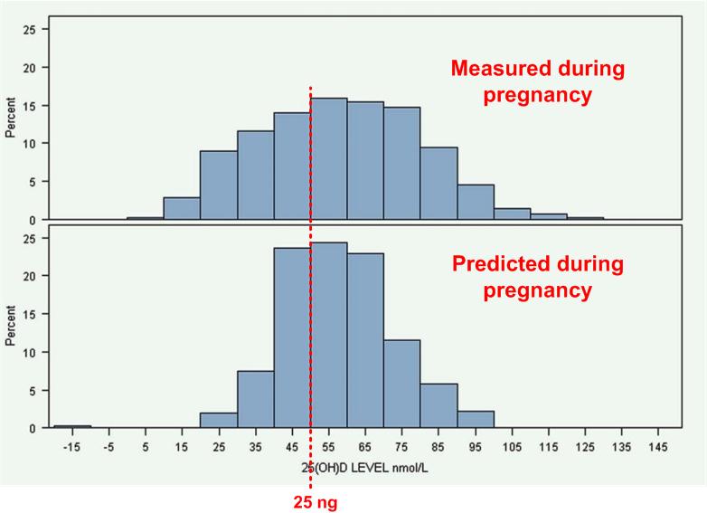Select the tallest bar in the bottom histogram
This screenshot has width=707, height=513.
[x=329, y=336]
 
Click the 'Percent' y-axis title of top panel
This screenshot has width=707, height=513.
[x=11, y=122]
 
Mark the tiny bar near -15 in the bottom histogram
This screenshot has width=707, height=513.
[x=72, y=426]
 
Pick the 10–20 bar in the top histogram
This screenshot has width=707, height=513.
[x=182, y=209]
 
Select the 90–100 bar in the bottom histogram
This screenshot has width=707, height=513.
[x=475, y=420]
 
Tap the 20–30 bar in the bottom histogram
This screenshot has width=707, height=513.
[x=219, y=421]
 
